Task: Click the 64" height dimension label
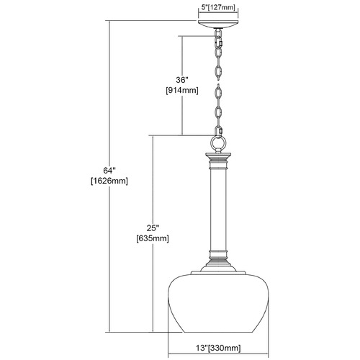(x=109, y=171)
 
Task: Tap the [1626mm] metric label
(x=109, y=181)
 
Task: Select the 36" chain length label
(x=182, y=80)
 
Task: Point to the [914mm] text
(x=182, y=91)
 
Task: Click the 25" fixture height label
(x=153, y=228)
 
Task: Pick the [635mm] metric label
(x=153, y=238)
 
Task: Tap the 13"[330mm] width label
(x=218, y=348)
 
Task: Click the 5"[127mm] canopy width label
(x=218, y=7)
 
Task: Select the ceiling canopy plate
(x=218, y=24)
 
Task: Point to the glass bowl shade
(x=219, y=303)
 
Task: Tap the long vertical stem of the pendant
(x=218, y=209)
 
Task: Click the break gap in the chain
(x=218, y=82)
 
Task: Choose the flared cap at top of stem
(x=218, y=157)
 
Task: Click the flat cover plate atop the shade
(x=219, y=273)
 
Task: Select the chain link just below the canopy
(x=217, y=34)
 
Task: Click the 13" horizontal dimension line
(x=218, y=354)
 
